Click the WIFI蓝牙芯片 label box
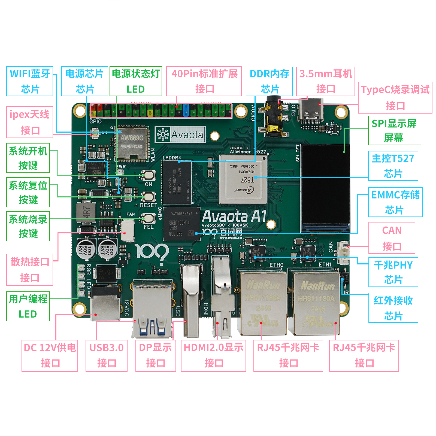click(x=30, y=81)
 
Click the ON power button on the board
click(x=149, y=175)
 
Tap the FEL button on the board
click(x=149, y=218)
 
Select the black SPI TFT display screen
click(x=325, y=188)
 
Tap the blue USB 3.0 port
click(x=152, y=308)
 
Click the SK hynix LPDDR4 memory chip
click(x=177, y=182)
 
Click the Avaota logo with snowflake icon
click(x=180, y=135)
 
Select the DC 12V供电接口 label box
click(x=50, y=355)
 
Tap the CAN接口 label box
click(x=392, y=238)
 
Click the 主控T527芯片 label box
click(x=393, y=166)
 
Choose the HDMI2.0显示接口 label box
click(x=213, y=355)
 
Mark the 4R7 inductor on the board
click(x=86, y=212)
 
